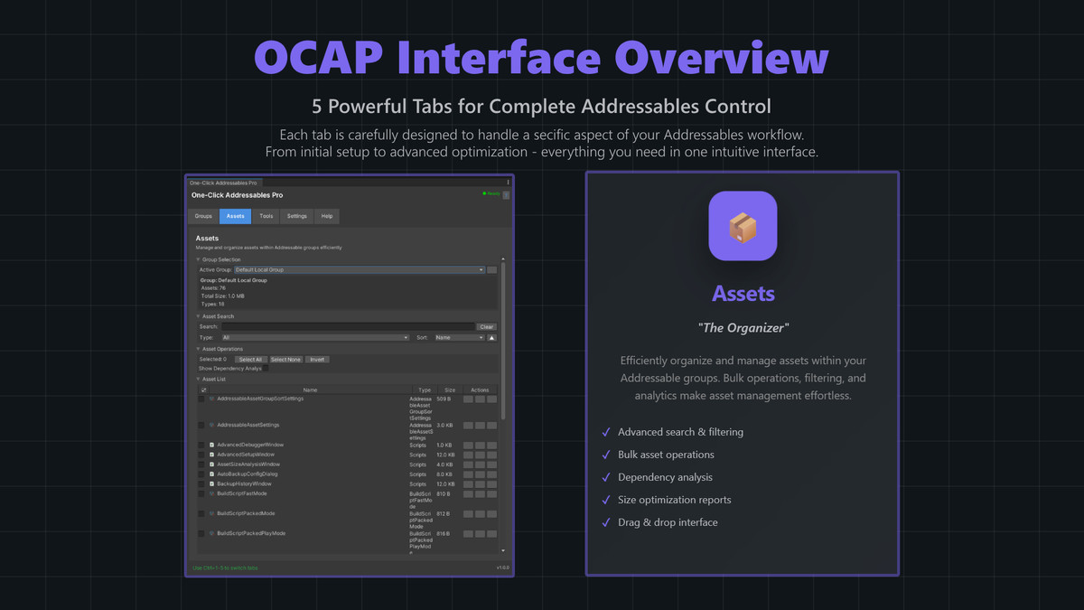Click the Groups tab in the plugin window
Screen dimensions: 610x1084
pos(203,216)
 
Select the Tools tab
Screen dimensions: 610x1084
pos(266,216)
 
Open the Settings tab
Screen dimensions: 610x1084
pos(297,216)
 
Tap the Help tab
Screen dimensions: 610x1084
pos(327,216)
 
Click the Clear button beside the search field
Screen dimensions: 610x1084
pos(486,327)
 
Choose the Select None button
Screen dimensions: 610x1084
pos(285,360)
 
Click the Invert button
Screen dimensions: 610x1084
pos(317,360)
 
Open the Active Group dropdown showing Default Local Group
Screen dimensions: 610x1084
pos(359,270)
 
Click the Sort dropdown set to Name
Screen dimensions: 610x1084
pos(459,338)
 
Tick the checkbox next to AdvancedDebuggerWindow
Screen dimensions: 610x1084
pos(201,445)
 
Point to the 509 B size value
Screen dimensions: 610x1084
pos(444,399)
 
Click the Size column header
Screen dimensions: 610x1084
pos(450,390)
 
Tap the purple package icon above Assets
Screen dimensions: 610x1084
pos(743,226)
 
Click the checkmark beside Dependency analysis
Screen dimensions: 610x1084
pos(606,477)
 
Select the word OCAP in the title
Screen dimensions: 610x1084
pos(317,59)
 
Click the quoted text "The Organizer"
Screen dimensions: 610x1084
pos(743,328)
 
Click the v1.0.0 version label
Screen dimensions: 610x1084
pos(502,568)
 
